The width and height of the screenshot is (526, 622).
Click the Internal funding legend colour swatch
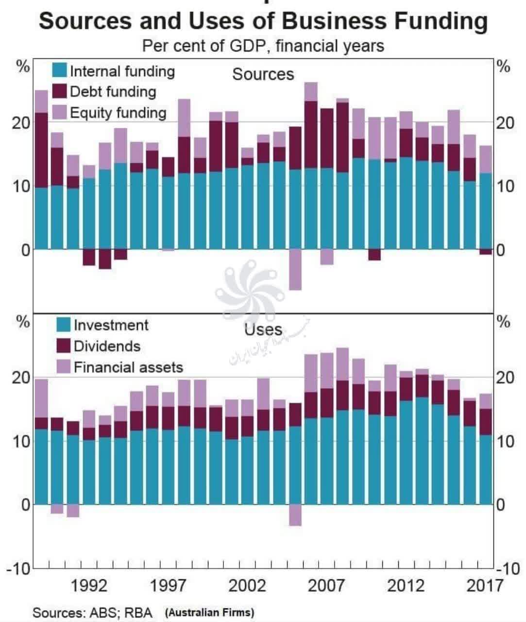(x=59, y=71)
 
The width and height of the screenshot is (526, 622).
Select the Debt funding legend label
(x=113, y=92)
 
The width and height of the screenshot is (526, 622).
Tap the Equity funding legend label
(x=118, y=113)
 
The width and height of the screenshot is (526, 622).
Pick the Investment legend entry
(x=111, y=325)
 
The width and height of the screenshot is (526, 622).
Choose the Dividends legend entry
(x=107, y=346)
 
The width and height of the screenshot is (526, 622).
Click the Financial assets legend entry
(x=128, y=367)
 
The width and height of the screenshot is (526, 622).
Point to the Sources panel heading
(x=263, y=74)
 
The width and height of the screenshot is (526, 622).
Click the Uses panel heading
(x=263, y=329)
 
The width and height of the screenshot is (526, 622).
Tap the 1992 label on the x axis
(x=89, y=586)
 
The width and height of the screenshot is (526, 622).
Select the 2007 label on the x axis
(x=326, y=586)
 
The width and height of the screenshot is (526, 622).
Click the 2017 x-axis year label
(x=484, y=586)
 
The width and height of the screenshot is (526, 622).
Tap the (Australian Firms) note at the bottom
(x=209, y=612)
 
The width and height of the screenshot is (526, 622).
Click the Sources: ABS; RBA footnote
(x=92, y=612)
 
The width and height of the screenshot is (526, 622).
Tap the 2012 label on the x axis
(x=406, y=586)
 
